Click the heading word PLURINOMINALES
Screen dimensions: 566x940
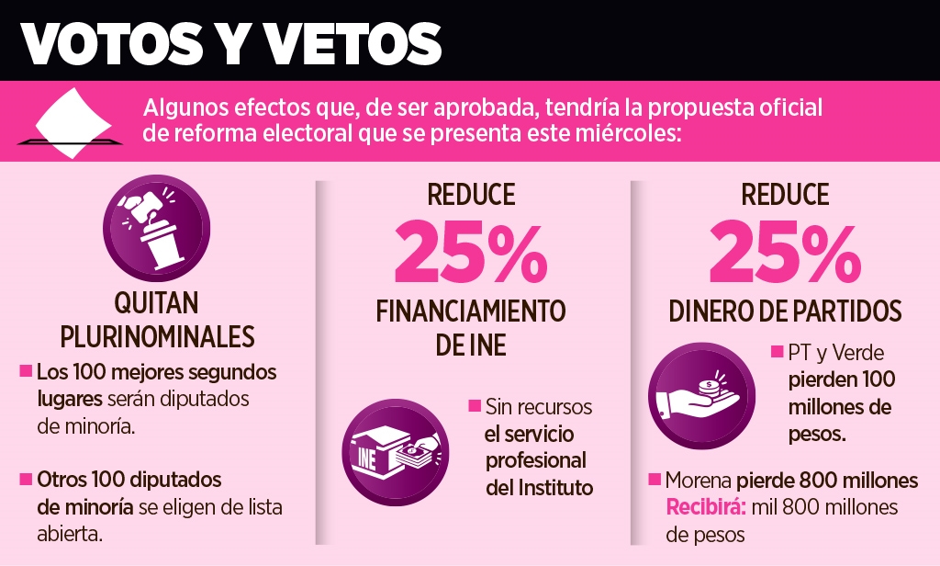(x=157, y=337)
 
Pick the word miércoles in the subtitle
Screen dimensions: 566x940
(x=632, y=134)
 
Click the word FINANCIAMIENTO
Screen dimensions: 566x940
(x=471, y=311)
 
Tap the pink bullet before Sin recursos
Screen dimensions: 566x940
(x=475, y=406)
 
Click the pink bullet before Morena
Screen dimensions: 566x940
(x=655, y=480)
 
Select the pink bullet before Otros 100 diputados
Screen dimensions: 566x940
(x=25, y=480)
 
